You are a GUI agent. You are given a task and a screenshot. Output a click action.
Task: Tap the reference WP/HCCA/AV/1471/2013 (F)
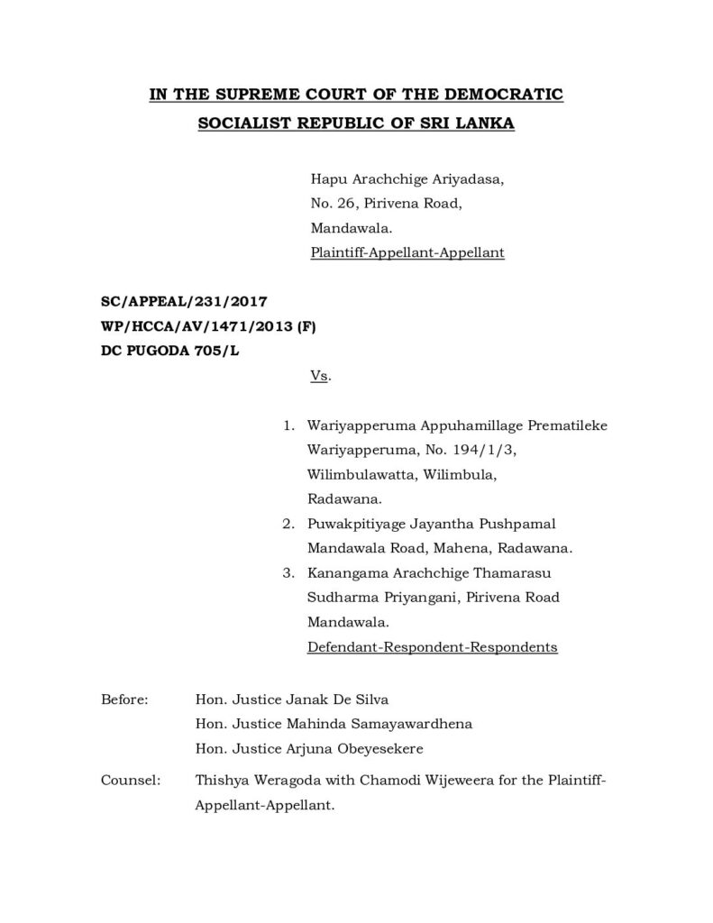tap(207, 329)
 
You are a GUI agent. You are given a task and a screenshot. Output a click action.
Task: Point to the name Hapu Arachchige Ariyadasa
tap(407, 180)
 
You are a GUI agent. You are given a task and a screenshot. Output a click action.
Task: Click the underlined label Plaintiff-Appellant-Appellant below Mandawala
tap(407, 253)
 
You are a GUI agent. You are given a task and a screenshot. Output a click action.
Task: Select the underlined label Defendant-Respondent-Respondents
tap(433, 646)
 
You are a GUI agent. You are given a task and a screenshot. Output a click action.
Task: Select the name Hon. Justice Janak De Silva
tap(284, 699)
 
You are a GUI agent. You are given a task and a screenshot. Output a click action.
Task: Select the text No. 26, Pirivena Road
tap(387, 205)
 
